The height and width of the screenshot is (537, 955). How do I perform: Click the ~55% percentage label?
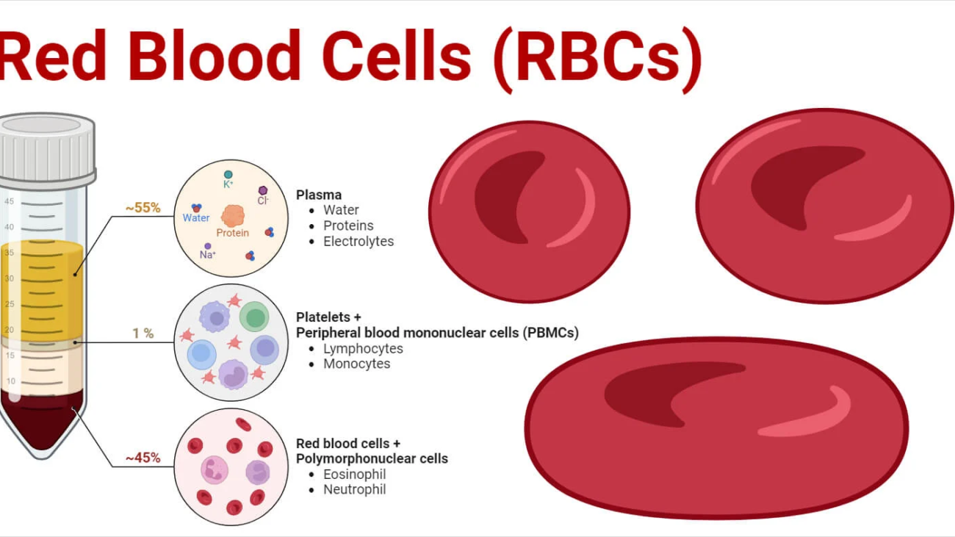[x=143, y=208]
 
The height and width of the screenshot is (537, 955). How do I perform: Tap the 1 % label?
[x=143, y=334]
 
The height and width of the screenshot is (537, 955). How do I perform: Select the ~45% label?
[x=143, y=458]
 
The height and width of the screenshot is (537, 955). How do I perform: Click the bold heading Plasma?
[x=318, y=195]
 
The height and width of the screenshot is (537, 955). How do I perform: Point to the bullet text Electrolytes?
[x=358, y=241]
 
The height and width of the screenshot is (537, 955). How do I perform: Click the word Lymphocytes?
[x=363, y=348]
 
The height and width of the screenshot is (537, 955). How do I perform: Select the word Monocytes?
[x=357, y=364]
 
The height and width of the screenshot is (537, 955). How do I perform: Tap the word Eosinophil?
[x=354, y=474]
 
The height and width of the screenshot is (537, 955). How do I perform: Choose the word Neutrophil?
[x=354, y=489]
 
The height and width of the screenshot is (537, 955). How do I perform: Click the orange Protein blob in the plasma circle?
[x=233, y=216]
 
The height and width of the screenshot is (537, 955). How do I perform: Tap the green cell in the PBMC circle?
[x=255, y=317]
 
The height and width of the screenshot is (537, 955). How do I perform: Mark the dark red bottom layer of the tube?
[x=40, y=422]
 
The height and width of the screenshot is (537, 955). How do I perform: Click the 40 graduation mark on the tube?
[x=10, y=227]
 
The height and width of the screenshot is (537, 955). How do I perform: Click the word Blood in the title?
[x=213, y=57]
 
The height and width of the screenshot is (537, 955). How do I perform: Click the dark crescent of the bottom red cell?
[x=661, y=389]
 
